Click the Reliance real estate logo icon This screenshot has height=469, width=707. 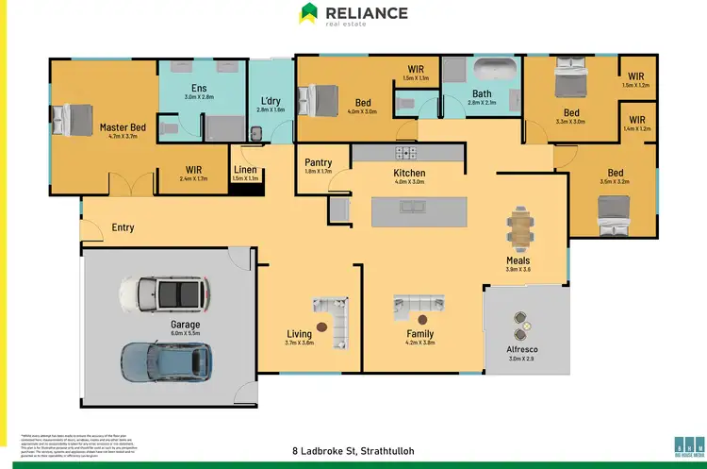308,13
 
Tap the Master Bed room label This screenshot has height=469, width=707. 123,126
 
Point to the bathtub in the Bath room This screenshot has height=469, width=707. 494,71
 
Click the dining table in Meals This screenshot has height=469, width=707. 518,226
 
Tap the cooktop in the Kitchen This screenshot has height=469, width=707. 407,152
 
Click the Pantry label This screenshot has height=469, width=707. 319,162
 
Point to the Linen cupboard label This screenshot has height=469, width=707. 245,170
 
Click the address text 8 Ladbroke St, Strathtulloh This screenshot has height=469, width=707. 353,450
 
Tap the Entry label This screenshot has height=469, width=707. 123,227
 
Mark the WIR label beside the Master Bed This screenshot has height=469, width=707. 193,170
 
